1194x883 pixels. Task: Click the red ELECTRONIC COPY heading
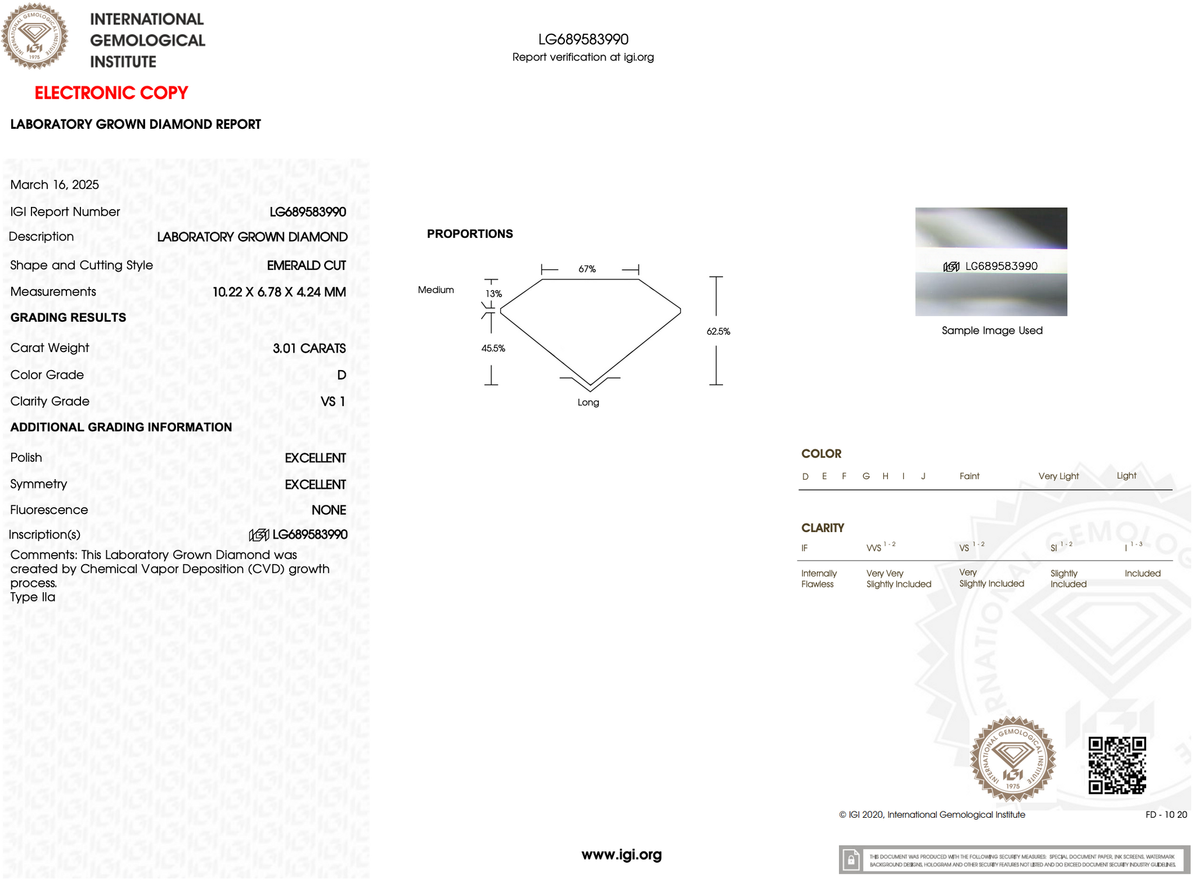click(111, 93)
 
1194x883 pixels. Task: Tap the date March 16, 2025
click(55, 185)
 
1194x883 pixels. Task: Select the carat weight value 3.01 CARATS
click(309, 349)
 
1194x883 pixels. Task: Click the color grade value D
click(342, 375)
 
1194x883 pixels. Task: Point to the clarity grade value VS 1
click(333, 402)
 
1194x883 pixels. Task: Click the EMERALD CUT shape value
click(306, 265)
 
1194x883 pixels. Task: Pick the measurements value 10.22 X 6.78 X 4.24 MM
click(279, 292)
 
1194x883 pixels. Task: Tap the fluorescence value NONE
click(328, 510)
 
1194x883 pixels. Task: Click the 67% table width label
click(587, 269)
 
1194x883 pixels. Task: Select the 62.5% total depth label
click(718, 332)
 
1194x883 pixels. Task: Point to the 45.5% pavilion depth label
click(493, 349)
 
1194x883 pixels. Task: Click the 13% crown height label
click(494, 294)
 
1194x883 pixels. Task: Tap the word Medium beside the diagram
click(436, 290)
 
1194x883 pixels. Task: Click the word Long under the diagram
click(588, 403)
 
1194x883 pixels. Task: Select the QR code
click(1117, 765)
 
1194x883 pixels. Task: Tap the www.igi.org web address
click(621, 855)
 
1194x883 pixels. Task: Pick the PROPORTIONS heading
click(470, 234)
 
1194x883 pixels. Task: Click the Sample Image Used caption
click(992, 330)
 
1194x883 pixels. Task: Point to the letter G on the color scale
click(866, 476)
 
